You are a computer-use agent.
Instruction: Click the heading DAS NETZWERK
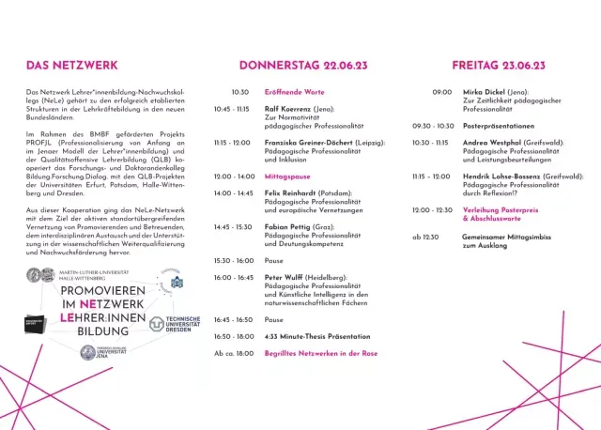click(71, 66)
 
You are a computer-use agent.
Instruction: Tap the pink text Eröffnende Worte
click(294, 92)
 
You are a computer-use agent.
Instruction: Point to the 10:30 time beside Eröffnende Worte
click(240, 92)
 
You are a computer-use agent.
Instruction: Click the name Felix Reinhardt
click(288, 193)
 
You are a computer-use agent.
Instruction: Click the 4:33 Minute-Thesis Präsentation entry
click(317, 335)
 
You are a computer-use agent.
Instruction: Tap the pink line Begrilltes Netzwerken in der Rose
click(320, 353)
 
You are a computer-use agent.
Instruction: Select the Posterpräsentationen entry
click(499, 126)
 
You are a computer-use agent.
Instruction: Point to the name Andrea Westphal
click(498, 143)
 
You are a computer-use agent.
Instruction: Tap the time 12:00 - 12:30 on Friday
click(433, 210)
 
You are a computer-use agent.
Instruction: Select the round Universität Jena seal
click(87, 352)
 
